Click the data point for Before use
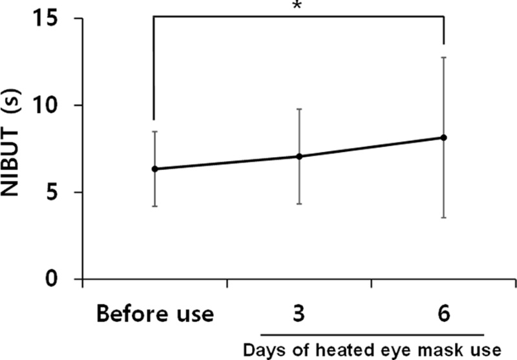click(x=154, y=169)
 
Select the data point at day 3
click(x=299, y=156)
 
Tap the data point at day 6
click(x=444, y=137)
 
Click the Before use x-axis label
click(x=155, y=315)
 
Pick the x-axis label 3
click(x=299, y=315)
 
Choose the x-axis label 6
click(x=444, y=315)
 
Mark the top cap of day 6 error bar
click(x=444, y=58)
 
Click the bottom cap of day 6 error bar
click(x=444, y=218)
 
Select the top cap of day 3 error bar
click(x=299, y=109)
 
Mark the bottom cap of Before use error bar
click(x=154, y=206)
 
